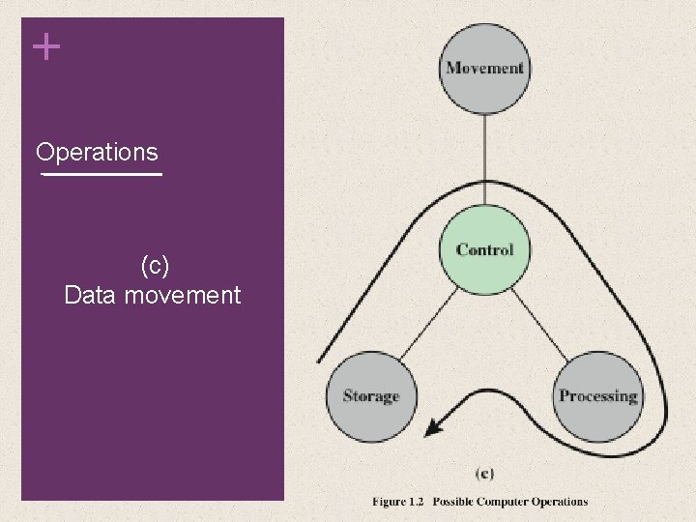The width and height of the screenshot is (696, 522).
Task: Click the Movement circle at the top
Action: pyautogui.click(x=484, y=68)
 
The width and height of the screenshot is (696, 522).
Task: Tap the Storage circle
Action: pyautogui.click(x=370, y=395)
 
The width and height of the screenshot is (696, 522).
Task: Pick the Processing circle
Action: pyautogui.click(x=598, y=395)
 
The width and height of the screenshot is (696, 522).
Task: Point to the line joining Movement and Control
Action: pyautogui.click(x=484, y=155)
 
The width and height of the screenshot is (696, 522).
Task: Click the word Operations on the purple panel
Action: pyautogui.click(x=97, y=152)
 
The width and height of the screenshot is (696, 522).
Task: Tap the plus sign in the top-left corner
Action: pyautogui.click(x=45, y=46)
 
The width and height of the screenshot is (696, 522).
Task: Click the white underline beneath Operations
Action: pyautogui.click(x=101, y=175)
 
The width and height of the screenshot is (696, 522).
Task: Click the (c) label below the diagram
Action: pyautogui.click(x=484, y=473)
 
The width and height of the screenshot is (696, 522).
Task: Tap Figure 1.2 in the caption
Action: pyautogui.click(x=397, y=502)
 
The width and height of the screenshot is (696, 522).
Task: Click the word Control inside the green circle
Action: pyautogui.click(x=484, y=249)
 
